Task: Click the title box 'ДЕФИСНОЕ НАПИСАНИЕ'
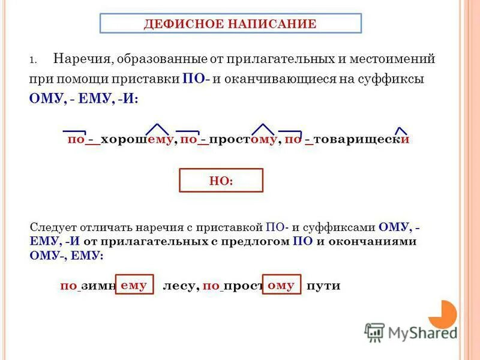[x=230, y=24]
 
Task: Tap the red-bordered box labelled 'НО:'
[x=221, y=181]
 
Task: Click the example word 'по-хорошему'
[x=120, y=139]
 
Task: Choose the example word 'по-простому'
[x=228, y=139]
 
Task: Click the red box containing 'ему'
[x=134, y=286]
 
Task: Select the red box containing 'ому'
[x=281, y=286]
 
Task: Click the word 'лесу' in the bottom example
[x=181, y=286]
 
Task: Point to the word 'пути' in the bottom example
[x=323, y=286]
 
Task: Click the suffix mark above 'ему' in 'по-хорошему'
[x=158, y=129]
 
